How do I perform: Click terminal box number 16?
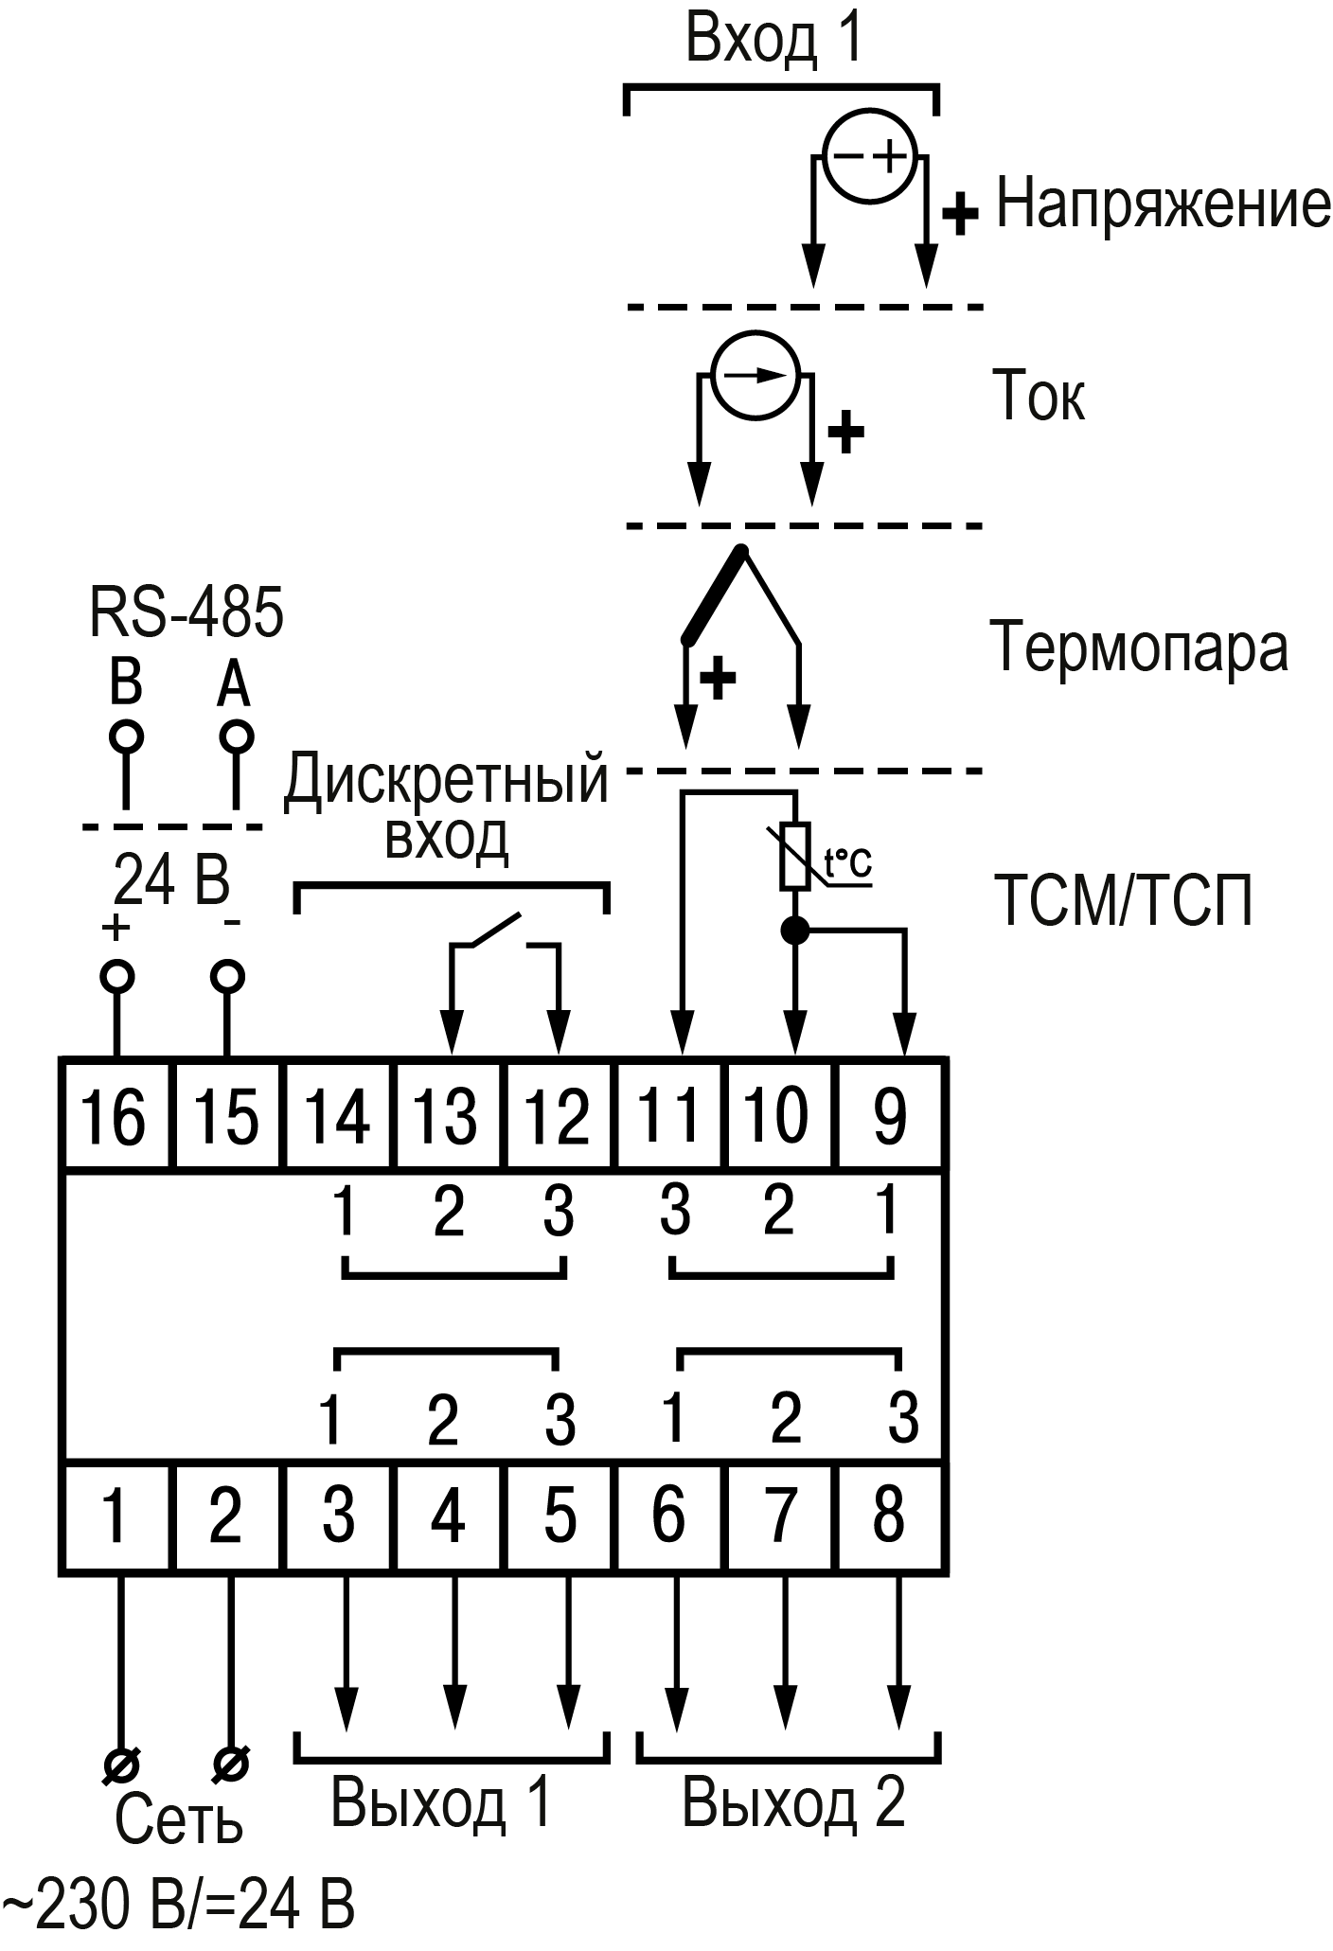coord(116,1115)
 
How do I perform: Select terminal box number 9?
coord(889,1115)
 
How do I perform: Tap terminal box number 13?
coord(450,1115)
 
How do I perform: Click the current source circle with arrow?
coord(755,375)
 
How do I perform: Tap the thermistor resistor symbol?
coord(794,857)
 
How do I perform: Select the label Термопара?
coord(1139,648)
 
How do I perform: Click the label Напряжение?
coord(1163,204)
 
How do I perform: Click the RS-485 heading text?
coord(187,612)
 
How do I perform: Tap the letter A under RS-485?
coord(234,683)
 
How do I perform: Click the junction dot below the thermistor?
coord(794,931)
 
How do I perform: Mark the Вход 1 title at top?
coord(774,40)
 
